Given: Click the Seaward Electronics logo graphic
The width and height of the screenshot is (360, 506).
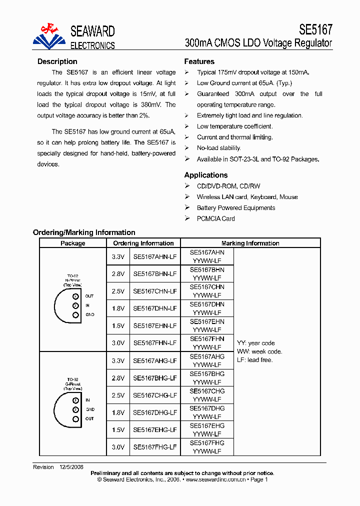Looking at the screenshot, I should tap(49, 36).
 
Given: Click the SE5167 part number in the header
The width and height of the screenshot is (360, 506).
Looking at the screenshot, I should tap(315, 29).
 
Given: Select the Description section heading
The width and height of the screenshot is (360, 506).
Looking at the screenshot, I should tap(57, 61).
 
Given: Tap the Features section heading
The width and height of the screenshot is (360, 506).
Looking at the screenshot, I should tap(199, 61).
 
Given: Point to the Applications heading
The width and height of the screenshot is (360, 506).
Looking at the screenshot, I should tap(206, 175).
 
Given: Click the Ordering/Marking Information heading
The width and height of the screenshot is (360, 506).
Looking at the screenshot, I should tap(84, 232).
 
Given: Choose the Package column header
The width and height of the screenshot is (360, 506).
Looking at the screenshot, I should tap(73, 243).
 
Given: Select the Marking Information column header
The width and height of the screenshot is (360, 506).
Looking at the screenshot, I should tap(250, 243).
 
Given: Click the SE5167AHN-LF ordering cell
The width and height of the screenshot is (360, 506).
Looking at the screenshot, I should tap(154, 256).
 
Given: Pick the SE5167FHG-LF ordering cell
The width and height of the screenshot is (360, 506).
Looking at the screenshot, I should tap(154, 447).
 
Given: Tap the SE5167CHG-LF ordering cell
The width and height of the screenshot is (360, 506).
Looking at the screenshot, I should tap(154, 395).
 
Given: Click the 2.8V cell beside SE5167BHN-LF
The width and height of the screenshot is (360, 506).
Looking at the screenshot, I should tap(118, 274).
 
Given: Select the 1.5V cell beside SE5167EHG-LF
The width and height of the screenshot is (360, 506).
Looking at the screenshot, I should tap(118, 430).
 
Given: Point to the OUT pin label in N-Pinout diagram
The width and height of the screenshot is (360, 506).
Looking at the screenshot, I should tap(89, 296).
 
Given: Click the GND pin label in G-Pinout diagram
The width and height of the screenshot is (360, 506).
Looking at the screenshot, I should tap(90, 409).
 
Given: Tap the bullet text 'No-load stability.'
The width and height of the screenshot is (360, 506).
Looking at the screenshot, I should tap(218, 148).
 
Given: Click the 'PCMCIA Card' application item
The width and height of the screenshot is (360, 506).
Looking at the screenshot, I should tap(215, 218).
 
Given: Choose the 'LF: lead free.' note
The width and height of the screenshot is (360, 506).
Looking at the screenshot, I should tap(254, 360).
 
